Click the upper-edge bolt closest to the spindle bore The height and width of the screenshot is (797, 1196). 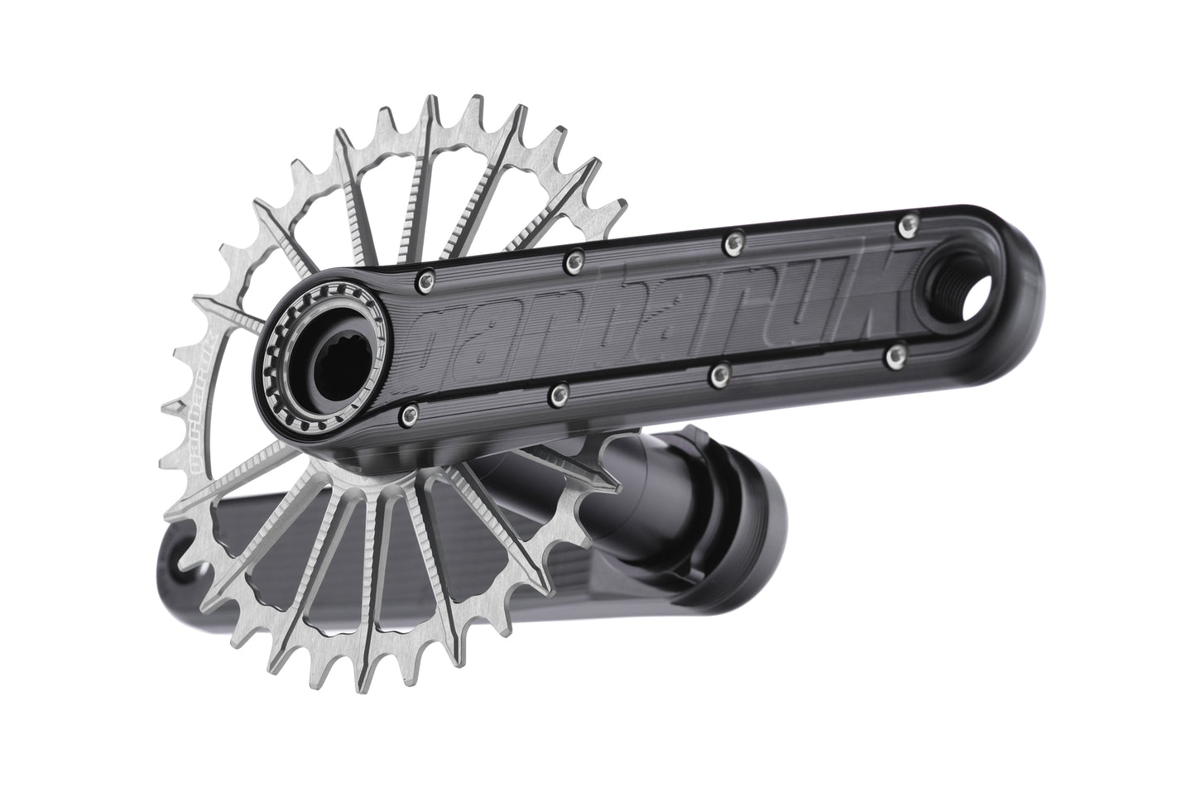(x=427, y=278)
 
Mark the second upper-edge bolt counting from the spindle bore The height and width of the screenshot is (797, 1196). (x=571, y=262)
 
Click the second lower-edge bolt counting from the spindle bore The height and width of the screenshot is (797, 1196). (x=559, y=389)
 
